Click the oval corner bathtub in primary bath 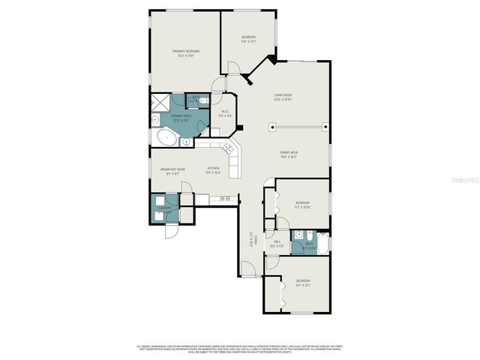click(x=165, y=137)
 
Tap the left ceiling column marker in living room click(x=270, y=127)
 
